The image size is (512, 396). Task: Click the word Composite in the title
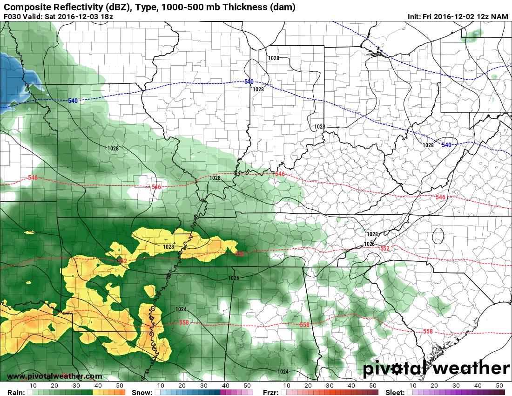pos(24,7)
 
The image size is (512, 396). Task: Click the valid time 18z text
pos(106,17)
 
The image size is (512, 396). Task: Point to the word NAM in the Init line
pos(499,17)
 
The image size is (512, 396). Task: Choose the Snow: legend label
pos(141,392)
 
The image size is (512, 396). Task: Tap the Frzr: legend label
pos(271,392)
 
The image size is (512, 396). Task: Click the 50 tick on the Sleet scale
pos(499,386)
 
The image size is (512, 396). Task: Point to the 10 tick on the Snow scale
pos(160,386)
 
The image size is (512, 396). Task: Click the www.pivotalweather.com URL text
pos(54,376)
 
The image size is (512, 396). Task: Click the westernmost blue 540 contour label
pos(73,101)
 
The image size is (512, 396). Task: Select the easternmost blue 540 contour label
pos(446,145)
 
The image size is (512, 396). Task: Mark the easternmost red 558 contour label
pos(428,331)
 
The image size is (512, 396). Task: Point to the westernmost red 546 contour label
pos(33,178)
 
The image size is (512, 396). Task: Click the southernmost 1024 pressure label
pos(283,371)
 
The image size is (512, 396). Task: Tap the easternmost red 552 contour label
pos(384,248)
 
